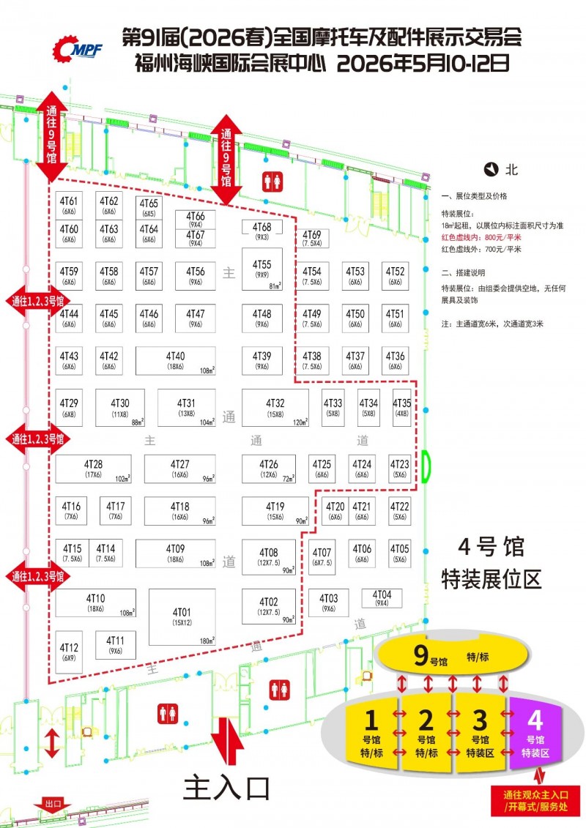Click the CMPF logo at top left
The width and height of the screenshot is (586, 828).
pos(77,48)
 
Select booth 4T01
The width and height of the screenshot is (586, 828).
pos(182,617)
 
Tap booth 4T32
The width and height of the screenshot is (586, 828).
pos(275,408)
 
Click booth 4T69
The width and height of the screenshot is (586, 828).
pos(311,238)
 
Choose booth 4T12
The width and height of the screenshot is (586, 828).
pos(70,652)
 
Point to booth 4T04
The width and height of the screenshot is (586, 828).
pos(382,598)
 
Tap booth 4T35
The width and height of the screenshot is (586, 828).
pos(402,408)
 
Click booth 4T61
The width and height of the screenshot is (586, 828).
pos(70,205)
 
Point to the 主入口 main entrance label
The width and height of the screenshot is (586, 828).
pos(226,787)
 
